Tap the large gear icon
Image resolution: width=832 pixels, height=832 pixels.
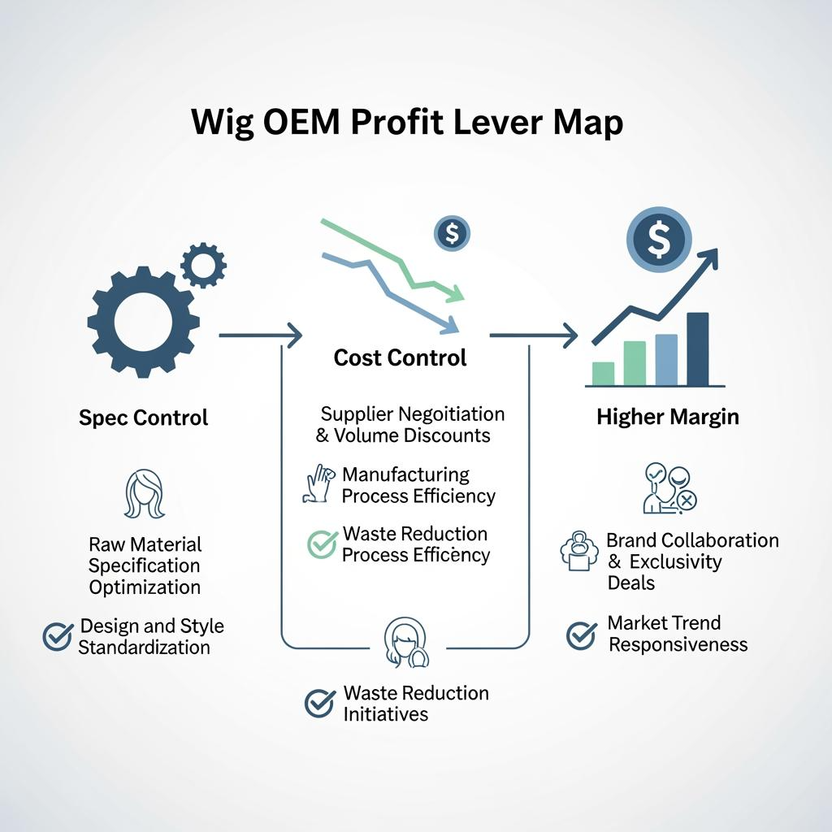tap(143, 321)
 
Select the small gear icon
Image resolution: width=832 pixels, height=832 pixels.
tap(203, 264)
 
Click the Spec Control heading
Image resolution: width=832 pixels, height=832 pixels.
tap(144, 418)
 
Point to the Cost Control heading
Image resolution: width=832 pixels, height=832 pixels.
tap(401, 357)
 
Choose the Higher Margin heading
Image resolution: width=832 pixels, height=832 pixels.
tap(668, 418)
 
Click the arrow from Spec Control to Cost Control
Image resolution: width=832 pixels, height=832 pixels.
tap(260, 334)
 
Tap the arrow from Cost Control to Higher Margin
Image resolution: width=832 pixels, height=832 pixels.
tap(533, 334)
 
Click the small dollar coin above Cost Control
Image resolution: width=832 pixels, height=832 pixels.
tap(453, 234)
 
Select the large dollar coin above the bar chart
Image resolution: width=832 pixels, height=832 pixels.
tap(659, 240)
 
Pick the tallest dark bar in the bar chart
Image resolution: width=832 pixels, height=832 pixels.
tap(697, 349)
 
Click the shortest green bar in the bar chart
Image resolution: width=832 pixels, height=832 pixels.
tap(604, 373)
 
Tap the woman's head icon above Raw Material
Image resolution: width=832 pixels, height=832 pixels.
tap(144, 495)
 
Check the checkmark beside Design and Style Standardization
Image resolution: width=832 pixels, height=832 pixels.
tap(57, 637)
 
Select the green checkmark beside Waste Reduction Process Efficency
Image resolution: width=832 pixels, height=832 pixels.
tap(322, 544)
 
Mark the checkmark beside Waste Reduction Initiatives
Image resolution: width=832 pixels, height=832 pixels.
tap(319, 704)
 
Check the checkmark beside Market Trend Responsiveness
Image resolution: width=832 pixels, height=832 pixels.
tap(581, 635)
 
